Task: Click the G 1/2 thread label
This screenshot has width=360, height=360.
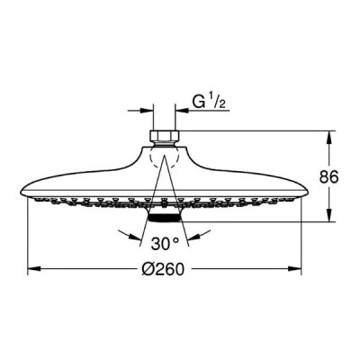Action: click(209, 102)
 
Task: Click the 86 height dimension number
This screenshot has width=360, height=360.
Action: click(328, 176)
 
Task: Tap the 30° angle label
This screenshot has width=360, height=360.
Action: click(165, 244)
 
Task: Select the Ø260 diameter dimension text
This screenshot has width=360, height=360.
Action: click(162, 269)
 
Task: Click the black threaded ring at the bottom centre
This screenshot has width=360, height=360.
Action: click(164, 218)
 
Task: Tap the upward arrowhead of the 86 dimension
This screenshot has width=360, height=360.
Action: click(330, 138)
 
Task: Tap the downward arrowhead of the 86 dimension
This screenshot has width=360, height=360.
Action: click(330, 215)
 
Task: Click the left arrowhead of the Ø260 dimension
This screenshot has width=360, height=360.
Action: click(34, 268)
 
